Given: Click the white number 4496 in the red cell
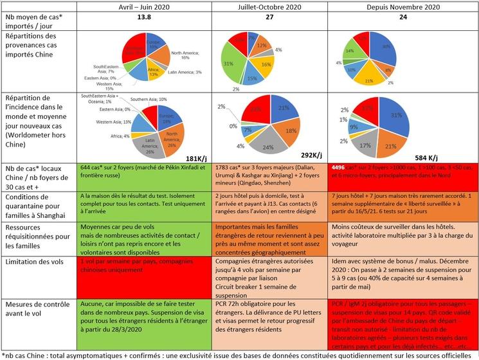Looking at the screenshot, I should pos(341,166).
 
